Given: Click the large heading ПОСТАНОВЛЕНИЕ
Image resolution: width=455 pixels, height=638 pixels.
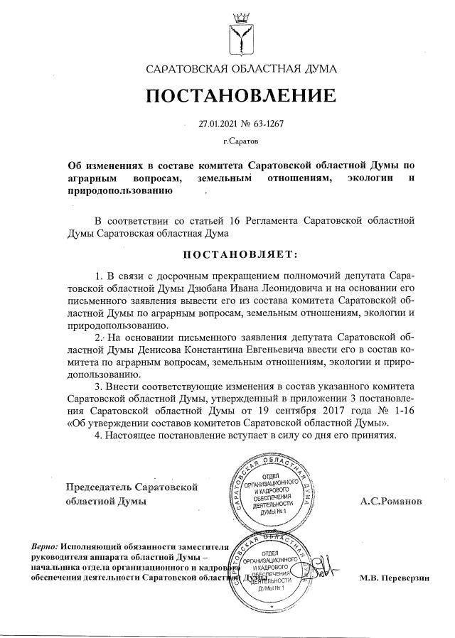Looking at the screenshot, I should pos(241,96).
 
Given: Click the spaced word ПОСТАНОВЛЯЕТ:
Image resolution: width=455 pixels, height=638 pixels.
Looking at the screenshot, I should pos(241,254).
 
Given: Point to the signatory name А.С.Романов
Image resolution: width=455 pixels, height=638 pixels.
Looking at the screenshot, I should pos(390,502).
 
